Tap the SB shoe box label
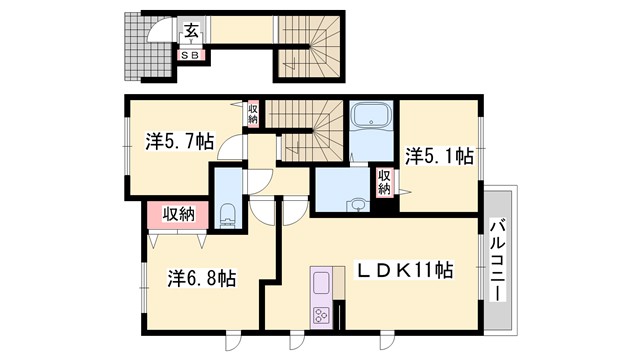[190, 55]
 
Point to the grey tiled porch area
[134, 48]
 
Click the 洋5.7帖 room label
[179, 143]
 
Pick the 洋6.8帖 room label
[201, 278]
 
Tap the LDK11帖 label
[407, 270]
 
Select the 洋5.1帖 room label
[438, 156]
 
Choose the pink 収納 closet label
[178, 213]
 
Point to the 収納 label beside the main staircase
[254, 114]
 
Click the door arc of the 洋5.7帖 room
[232, 151]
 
